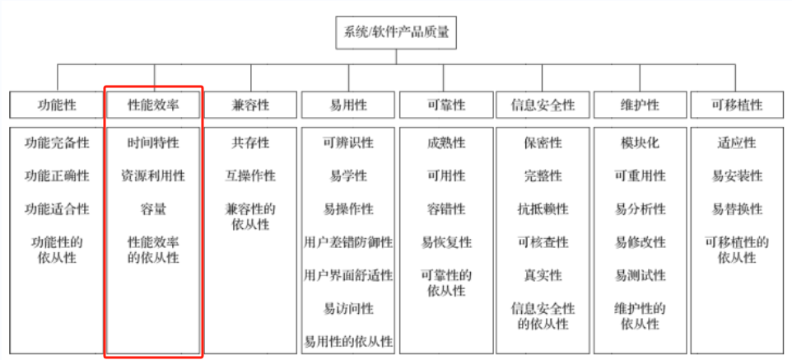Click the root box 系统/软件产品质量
point(396,33)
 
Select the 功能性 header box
point(57,105)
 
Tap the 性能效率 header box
point(153,105)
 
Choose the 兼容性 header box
point(250,105)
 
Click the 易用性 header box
point(348,105)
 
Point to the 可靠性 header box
point(445,105)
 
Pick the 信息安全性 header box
point(543,105)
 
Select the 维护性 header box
point(640,105)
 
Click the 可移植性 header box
point(737,105)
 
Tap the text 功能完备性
point(57,143)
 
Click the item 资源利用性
point(153,176)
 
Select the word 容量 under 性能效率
point(153,209)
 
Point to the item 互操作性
point(250,176)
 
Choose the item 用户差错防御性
point(348,242)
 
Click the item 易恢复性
point(445,242)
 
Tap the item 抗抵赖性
point(543,209)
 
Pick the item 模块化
point(640,143)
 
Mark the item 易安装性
point(737,176)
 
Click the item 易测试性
point(640,275)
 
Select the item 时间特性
point(153,143)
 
